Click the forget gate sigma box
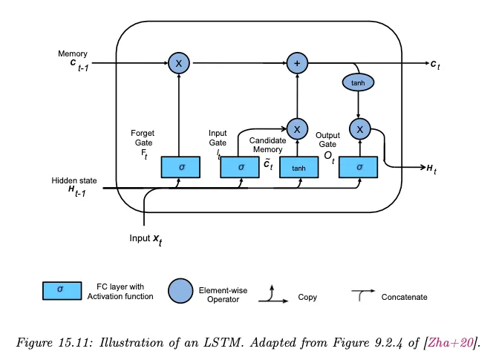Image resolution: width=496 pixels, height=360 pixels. coord(180,168)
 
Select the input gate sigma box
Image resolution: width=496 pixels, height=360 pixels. coord(241,168)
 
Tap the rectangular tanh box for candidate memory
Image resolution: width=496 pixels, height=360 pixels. coord(298,168)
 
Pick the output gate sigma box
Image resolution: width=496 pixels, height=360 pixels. coord(359,168)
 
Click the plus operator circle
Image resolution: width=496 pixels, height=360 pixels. coord(298,64)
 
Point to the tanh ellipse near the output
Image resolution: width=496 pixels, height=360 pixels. coord(359,82)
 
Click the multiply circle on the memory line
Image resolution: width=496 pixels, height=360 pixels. coord(179,64)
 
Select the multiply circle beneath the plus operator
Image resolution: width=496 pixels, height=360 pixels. coord(297,129)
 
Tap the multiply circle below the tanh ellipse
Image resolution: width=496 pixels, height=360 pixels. coord(359,129)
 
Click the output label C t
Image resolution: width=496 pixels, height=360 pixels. coord(436,65)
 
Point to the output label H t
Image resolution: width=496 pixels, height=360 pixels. coord(431,169)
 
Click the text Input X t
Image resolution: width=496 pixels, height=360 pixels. coord(147,239)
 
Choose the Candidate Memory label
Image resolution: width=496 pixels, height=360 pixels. coord(266,145)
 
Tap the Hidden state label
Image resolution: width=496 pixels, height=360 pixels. coord(74,186)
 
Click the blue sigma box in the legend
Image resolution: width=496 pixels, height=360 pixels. coord(60,291)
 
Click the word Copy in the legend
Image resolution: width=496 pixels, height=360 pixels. coord(307,297)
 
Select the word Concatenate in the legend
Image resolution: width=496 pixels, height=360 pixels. coord(404,297)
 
